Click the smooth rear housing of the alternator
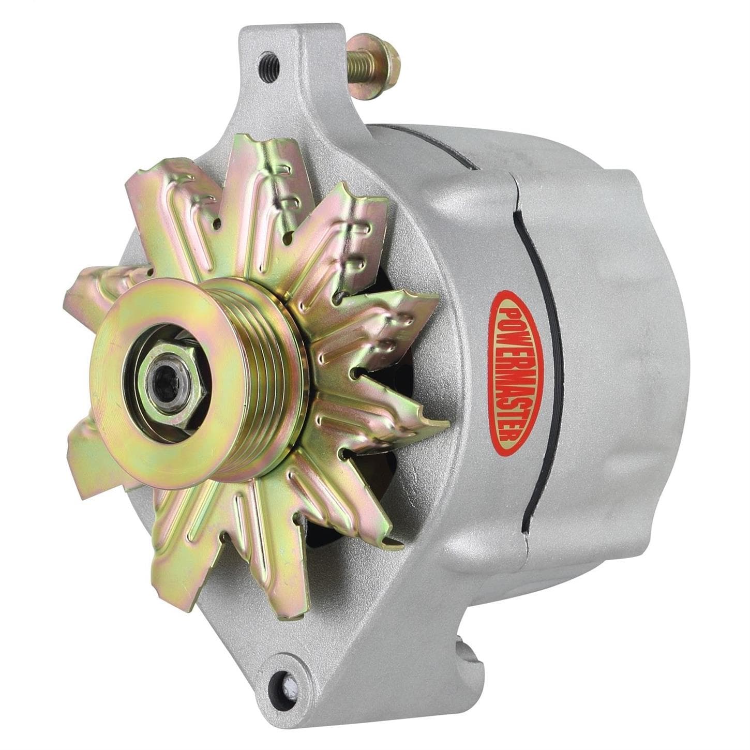click(621, 336)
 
